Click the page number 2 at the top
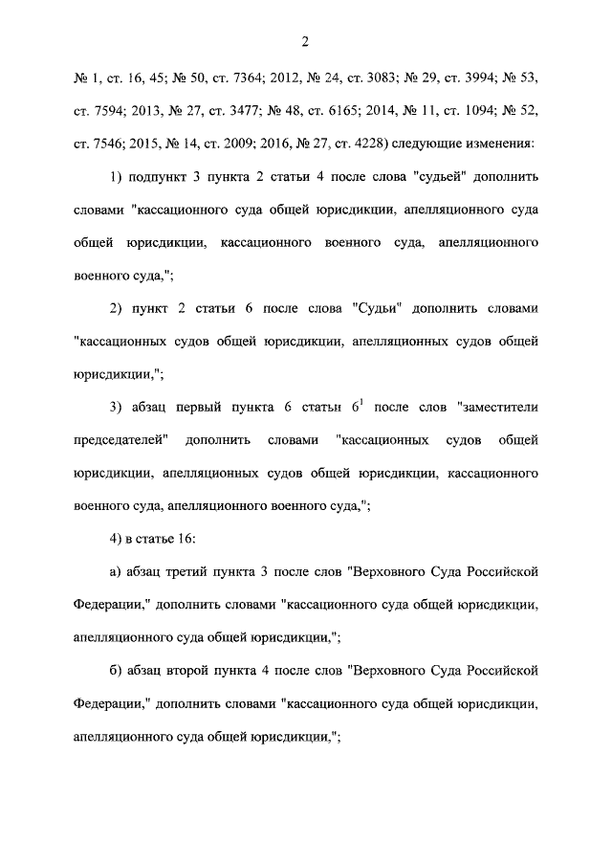[x=305, y=41]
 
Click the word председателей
[x=120, y=440]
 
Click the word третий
[x=202, y=572]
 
